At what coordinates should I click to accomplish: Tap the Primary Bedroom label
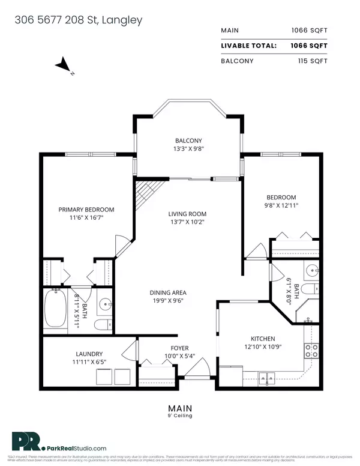tap(86, 210)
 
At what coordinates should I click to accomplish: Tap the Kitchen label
tap(247, 338)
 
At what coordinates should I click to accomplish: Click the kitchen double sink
tap(266, 377)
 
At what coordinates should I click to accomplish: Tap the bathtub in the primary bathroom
tap(58, 310)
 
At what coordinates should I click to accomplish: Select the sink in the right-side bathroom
tap(312, 271)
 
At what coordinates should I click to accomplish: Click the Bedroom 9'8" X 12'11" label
tap(281, 198)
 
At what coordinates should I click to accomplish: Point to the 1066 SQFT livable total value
tap(324, 44)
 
